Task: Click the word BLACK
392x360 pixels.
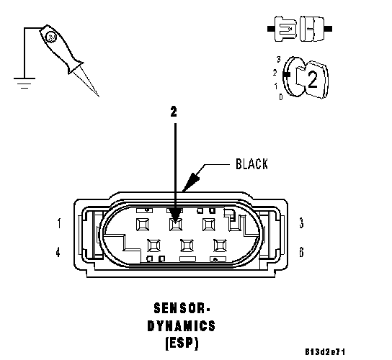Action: [x=251, y=164]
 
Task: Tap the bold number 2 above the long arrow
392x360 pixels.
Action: [x=174, y=112]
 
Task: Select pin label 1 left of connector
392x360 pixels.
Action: [x=59, y=223]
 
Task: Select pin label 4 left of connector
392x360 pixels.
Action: [x=58, y=252]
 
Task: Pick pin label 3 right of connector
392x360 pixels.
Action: [x=301, y=223]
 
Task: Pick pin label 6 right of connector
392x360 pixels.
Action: [x=301, y=252]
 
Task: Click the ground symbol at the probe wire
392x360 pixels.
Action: [x=24, y=84]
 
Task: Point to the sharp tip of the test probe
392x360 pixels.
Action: [x=99, y=96]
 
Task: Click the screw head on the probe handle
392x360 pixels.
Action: [x=51, y=37]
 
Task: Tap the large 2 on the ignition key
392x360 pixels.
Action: [x=312, y=79]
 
